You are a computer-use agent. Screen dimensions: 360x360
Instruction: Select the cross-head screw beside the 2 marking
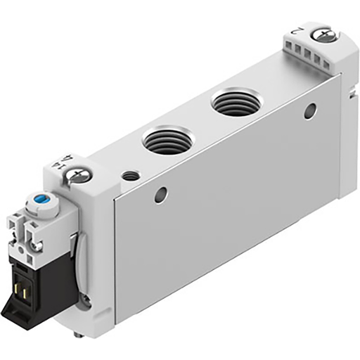click(x=324, y=34)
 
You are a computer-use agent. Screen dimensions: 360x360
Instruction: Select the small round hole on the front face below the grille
click(x=309, y=111)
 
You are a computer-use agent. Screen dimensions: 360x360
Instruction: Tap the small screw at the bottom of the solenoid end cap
click(x=85, y=300)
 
